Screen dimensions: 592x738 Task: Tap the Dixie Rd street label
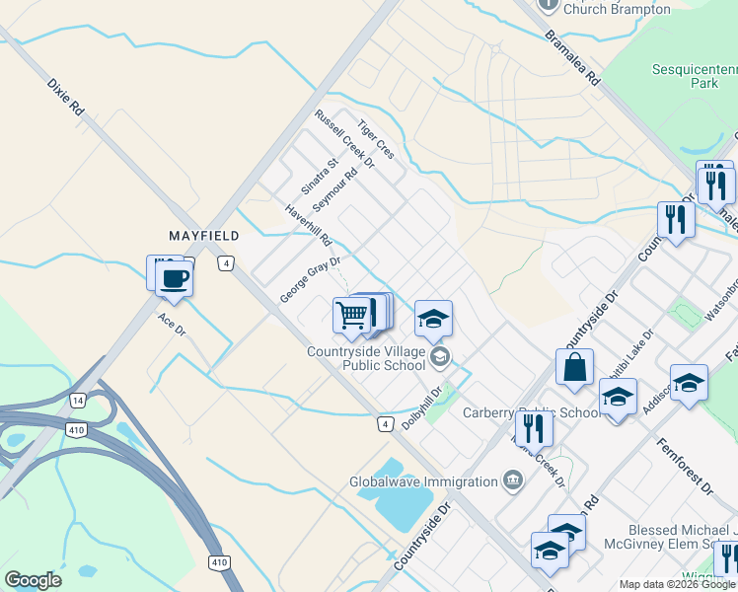tap(66, 99)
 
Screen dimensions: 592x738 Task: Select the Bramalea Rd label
tap(572, 56)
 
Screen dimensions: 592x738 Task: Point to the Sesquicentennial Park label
tap(695, 77)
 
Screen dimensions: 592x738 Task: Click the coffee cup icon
tap(174, 278)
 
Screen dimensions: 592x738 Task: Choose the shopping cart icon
tap(352, 316)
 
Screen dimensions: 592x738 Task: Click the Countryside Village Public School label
tap(366, 358)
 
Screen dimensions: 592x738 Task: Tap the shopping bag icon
tap(574, 369)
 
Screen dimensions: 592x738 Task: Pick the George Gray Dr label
tap(310, 280)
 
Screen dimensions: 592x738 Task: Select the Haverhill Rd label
tap(309, 226)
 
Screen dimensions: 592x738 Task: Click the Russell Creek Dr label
tap(344, 138)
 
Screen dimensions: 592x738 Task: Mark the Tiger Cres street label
tap(376, 140)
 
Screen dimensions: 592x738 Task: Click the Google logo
tap(33, 580)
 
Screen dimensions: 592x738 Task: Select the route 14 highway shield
tap(77, 400)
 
